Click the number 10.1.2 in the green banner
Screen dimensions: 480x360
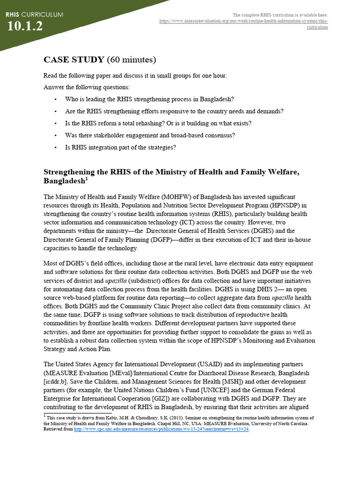point(25,27)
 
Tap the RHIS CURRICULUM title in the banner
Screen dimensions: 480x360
point(34,15)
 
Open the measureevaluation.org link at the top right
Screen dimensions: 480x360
point(244,22)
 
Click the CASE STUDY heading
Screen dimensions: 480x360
point(74,60)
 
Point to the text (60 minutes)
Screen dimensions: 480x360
point(131,60)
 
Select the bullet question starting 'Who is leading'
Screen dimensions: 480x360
point(150,99)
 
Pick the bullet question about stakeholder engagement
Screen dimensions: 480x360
point(150,135)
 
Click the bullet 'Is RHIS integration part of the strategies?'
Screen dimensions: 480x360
point(120,147)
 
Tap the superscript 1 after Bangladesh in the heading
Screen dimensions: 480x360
point(86,179)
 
